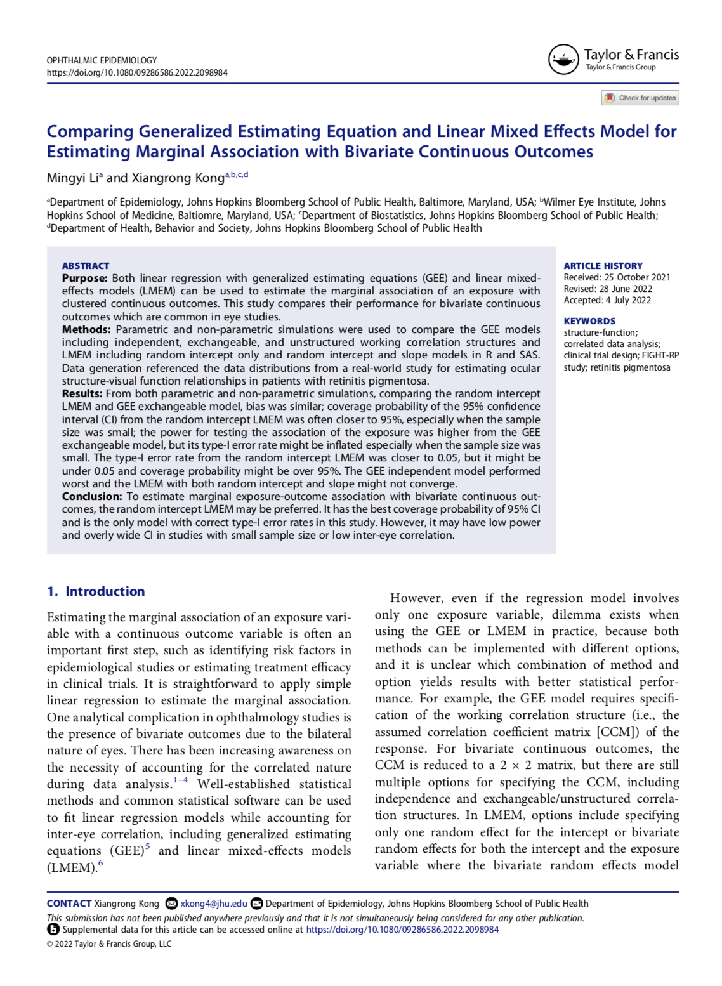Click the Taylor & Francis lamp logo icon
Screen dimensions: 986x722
pyautogui.click(x=563, y=60)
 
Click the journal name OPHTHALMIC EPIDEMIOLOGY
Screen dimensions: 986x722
pyautogui.click(x=102, y=60)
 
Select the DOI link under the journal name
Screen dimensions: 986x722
pyautogui.click(x=137, y=72)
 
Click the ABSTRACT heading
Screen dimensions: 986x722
pyautogui.click(x=86, y=266)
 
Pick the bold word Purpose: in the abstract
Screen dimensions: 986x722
pyautogui.click(x=85, y=278)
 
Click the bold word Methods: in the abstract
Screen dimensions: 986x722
pyautogui.click(x=86, y=329)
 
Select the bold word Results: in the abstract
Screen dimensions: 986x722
pyautogui.click(x=82, y=393)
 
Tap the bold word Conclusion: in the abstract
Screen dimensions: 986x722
pyautogui.click(x=92, y=496)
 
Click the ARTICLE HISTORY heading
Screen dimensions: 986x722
pyautogui.click(x=603, y=266)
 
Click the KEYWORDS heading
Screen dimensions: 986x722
pyautogui.click(x=589, y=321)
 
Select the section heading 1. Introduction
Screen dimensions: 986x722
pyautogui.click(x=96, y=591)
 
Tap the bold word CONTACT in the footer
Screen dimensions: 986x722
pyautogui.click(x=69, y=904)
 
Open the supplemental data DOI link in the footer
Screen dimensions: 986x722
pyautogui.click(x=402, y=930)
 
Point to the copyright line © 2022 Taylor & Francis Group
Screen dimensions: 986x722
pyautogui.click(x=109, y=943)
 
